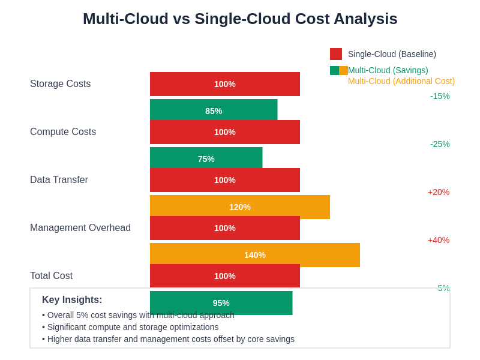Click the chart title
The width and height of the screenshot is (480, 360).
click(240, 19)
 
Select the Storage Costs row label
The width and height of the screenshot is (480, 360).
click(60, 84)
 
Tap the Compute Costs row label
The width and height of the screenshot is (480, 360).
click(63, 132)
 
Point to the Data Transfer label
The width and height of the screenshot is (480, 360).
click(59, 180)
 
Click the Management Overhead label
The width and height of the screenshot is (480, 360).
click(80, 228)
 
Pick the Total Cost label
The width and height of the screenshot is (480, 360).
click(51, 276)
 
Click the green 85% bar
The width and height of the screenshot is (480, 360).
click(214, 110)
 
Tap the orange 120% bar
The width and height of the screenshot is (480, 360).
click(240, 206)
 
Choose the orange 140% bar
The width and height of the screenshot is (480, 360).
click(255, 254)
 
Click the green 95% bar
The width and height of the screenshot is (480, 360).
click(221, 303)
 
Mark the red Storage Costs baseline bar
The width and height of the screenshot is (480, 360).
click(225, 84)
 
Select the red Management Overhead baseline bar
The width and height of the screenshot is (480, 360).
click(225, 228)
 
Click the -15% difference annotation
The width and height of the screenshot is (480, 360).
click(440, 96)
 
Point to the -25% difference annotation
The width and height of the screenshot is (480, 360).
click(440, 144)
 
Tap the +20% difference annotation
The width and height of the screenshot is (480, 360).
click(439, 192)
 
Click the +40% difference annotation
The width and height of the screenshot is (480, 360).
click(439, 240)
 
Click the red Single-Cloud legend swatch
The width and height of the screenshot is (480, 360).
click(336, 54)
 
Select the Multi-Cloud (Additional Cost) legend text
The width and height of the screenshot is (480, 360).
click(401, 81)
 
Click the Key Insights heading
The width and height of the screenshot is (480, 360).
click(72, 300)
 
